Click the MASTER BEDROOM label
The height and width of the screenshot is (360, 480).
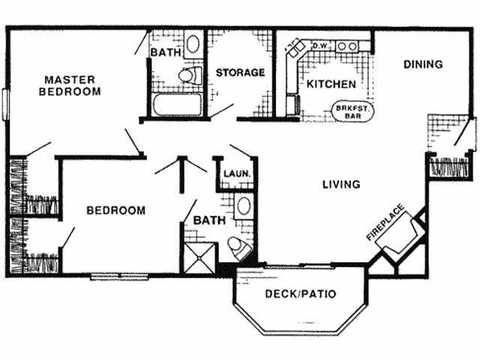point(72,85)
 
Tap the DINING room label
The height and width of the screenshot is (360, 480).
point(423,64)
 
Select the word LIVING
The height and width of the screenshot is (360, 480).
point(340,184)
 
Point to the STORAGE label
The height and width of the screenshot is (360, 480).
point(240,73)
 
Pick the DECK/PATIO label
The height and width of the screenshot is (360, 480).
point(301,293)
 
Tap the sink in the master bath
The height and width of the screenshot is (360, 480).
point(192,43)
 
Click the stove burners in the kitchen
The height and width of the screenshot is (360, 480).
point(346,46)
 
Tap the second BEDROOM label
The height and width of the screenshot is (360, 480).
point(115,211)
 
